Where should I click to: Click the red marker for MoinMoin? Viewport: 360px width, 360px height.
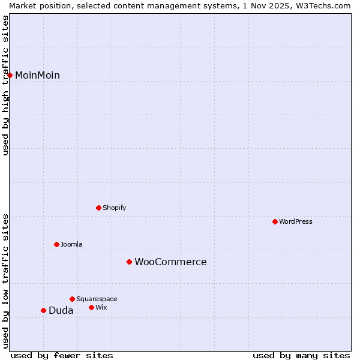click(10, 75)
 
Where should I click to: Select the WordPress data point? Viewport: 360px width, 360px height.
click(275, 221)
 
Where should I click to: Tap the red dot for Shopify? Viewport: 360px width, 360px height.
click(98, 208)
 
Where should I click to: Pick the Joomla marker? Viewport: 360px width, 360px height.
click(56, 244)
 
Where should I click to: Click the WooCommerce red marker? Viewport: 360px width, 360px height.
click(129, 262)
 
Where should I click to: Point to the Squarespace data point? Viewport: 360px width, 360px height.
click(72, 299)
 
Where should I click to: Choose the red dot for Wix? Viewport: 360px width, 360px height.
click(91, 307)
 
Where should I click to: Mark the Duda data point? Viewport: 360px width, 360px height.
click(43, 310)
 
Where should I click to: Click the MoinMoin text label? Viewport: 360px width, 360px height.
click(37, 75)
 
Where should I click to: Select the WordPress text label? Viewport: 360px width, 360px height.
click(296, 221)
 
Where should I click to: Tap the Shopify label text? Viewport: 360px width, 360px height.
click(114, 208)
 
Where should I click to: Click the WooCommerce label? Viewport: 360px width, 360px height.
click(170, 262)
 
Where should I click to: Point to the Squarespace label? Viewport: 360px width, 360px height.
click(97, 299)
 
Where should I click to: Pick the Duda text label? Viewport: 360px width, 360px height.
click(61, 310)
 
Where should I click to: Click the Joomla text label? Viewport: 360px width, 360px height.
click(71, 244)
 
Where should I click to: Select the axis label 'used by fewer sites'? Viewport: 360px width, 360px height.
click(62, 355)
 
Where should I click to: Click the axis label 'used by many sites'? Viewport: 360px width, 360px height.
click(301, 355)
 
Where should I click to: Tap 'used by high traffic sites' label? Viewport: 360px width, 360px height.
click(5, 85)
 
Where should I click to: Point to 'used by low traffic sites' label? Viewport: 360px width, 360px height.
click(5, 280)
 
